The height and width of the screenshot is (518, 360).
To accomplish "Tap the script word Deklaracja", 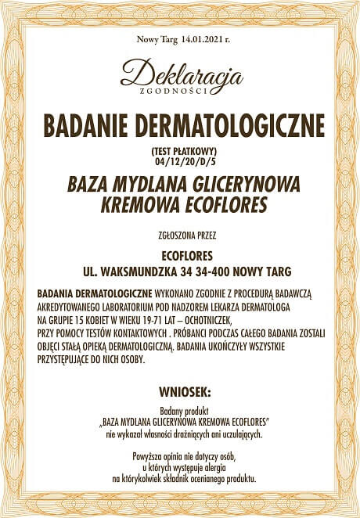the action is [181, 76].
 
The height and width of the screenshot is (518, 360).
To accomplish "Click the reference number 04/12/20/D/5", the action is [181, 160].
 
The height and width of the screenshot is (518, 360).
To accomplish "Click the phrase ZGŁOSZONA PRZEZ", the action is [181, 233].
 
